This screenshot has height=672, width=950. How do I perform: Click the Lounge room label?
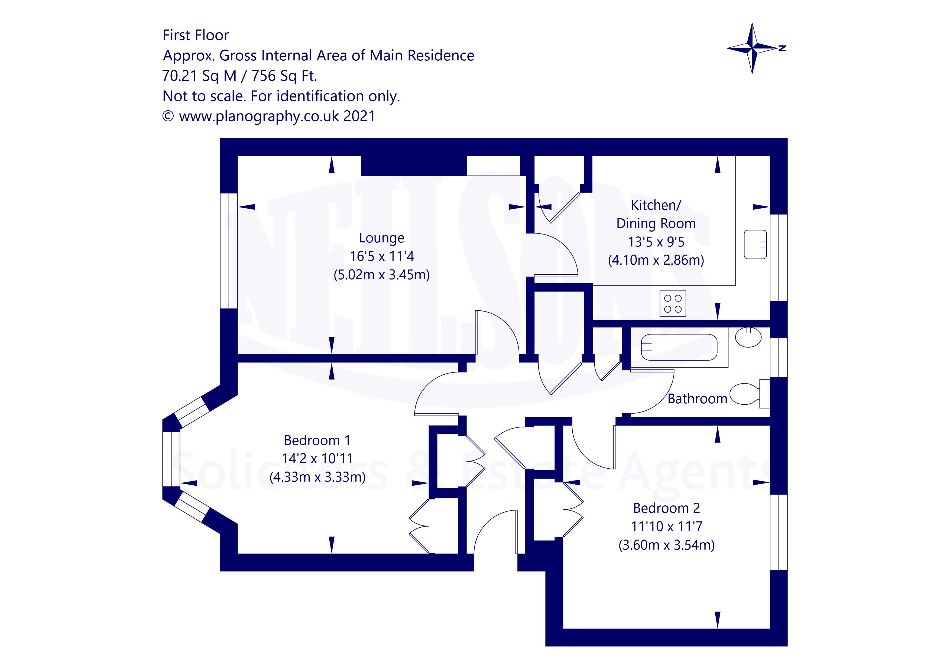381,238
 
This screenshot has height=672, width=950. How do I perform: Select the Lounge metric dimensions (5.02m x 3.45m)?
381,275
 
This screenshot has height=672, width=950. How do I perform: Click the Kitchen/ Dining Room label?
656,214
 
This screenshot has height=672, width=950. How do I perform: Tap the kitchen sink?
755,245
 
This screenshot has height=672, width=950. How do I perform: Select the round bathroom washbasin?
748,337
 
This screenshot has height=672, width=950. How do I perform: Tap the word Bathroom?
697,399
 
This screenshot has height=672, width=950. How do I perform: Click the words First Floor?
195,35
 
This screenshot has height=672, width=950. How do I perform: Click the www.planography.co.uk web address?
259,116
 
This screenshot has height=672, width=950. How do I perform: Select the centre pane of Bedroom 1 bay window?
171,459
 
